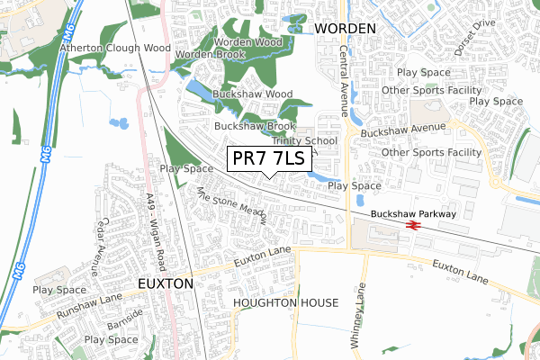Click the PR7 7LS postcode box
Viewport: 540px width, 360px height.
269,159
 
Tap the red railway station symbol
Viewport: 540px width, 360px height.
415,226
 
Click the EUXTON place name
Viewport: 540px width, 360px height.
166,283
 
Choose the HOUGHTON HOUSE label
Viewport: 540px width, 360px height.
285,303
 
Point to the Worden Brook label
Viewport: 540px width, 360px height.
211,55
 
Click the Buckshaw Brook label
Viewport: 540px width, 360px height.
255,127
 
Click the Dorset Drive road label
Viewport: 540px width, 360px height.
475,39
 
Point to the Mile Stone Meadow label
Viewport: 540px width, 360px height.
231,206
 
